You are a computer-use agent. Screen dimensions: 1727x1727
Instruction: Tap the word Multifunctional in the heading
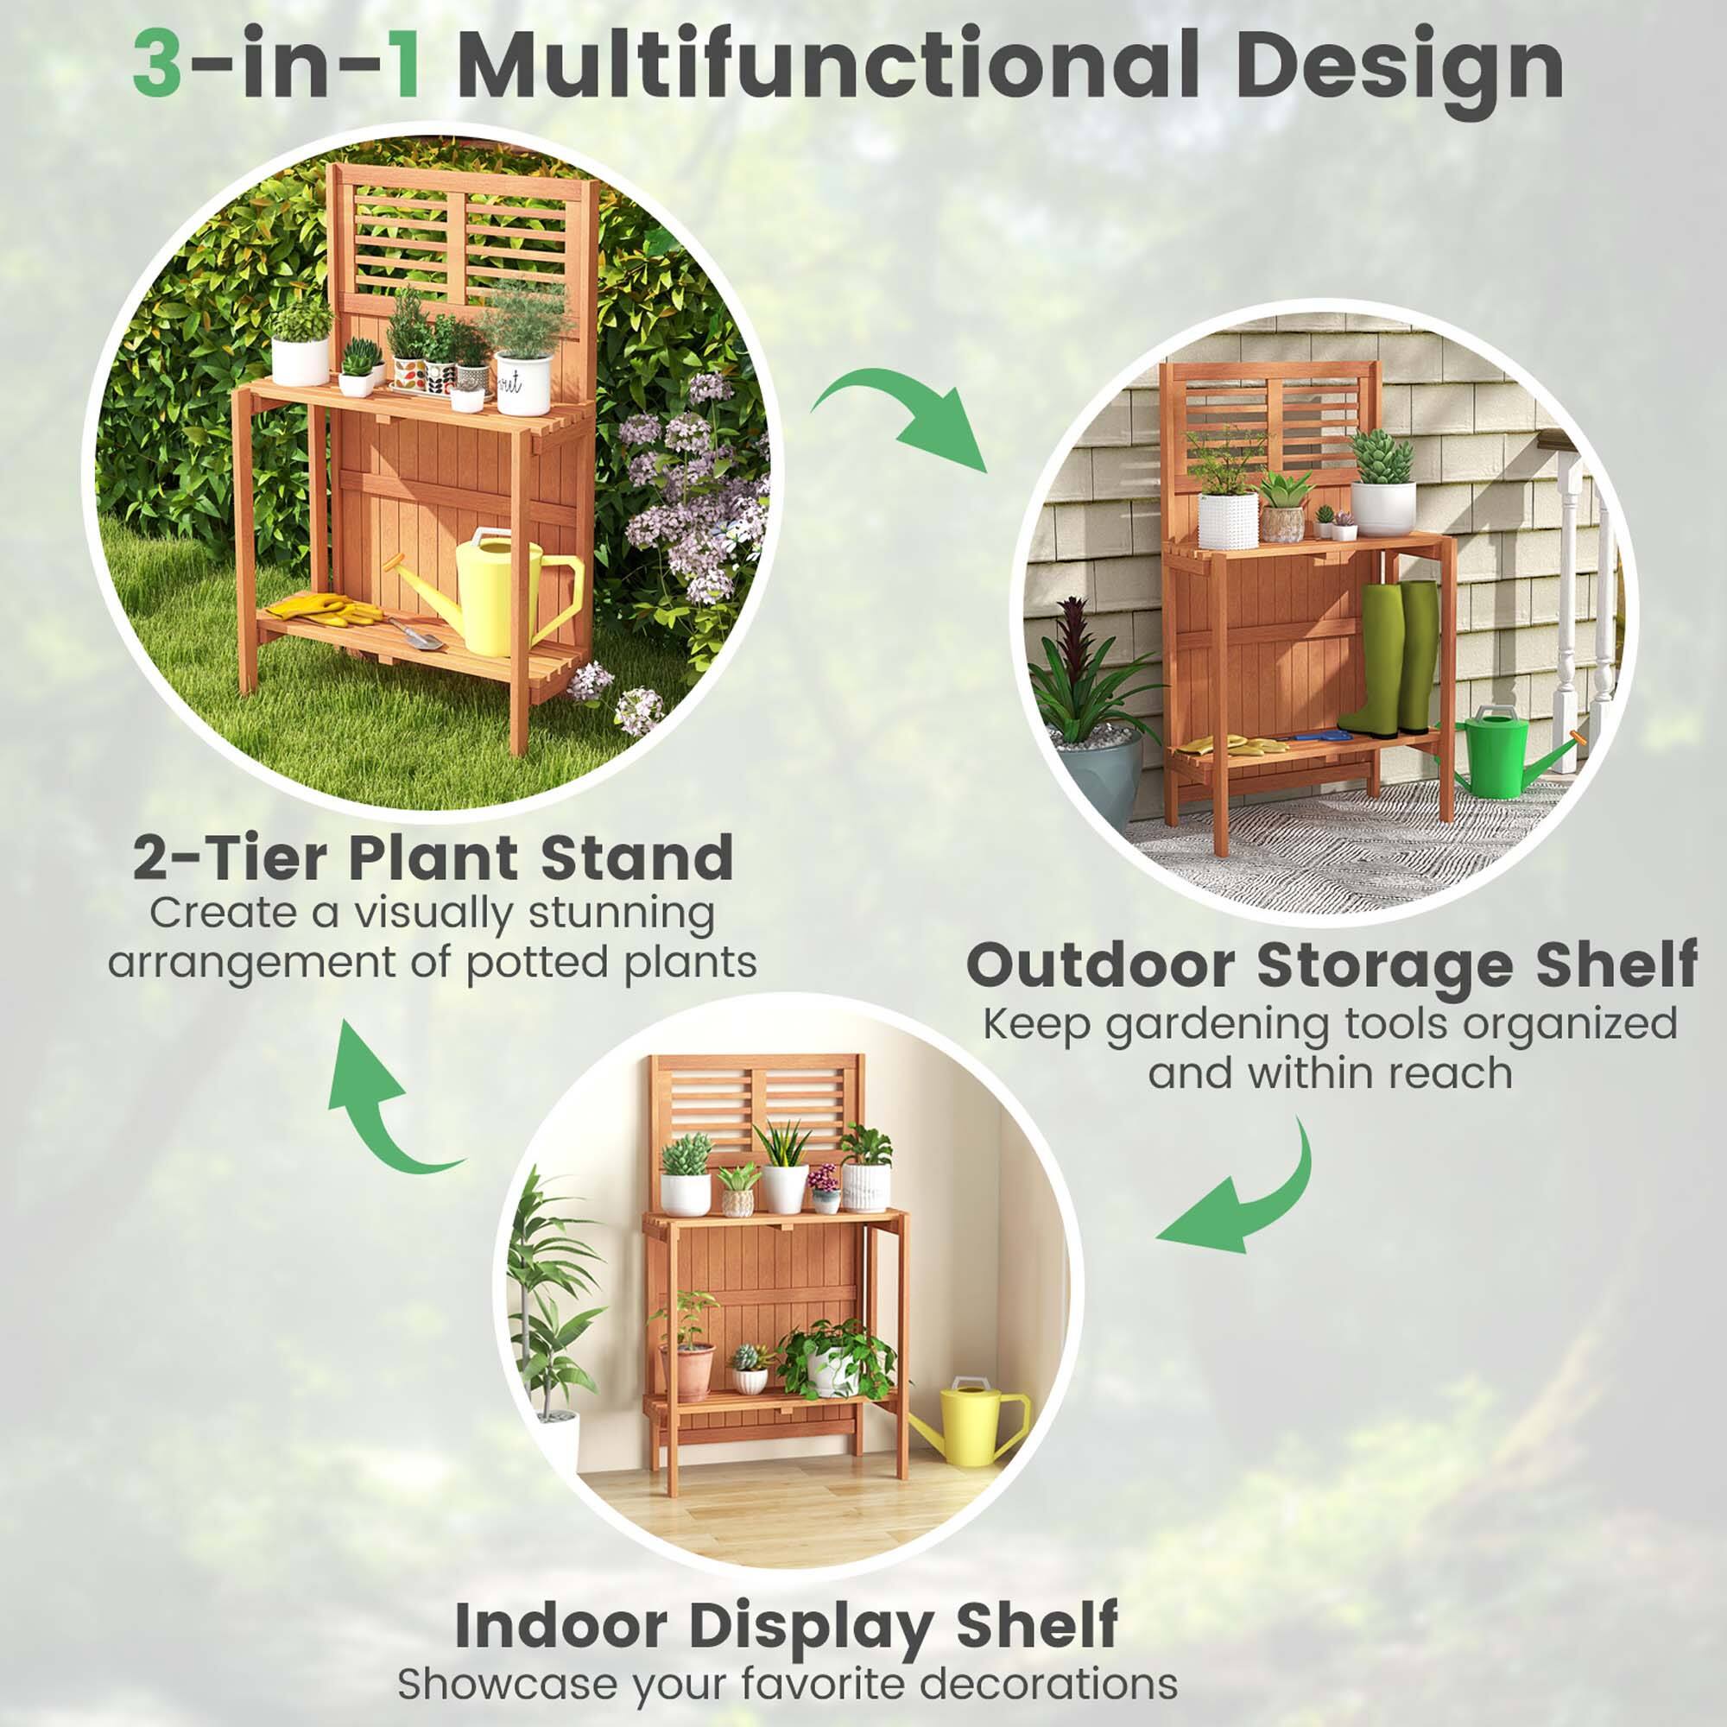coord(828,66)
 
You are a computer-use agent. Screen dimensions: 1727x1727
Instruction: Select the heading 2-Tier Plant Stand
coord(433,858)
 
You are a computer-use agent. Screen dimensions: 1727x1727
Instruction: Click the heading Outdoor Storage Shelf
coord(1332,965)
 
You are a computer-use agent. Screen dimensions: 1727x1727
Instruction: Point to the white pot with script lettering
coord(523,383)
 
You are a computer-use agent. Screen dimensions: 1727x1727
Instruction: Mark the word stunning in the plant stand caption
coord(621,914)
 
